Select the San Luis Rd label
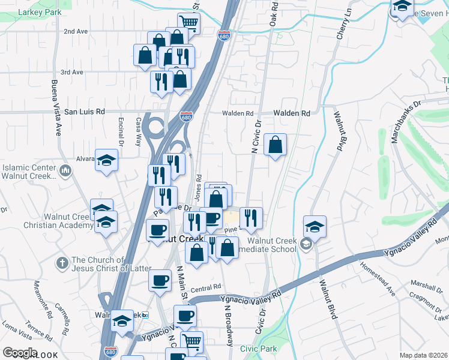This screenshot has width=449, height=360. click(85, 112)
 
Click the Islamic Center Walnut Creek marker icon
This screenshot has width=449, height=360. click(65, 172)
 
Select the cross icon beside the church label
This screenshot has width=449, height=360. click(61, 263)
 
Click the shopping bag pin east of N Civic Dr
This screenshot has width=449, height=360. click(275, 145)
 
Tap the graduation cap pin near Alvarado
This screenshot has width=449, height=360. click(106, 160)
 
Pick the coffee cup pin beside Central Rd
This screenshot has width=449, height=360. click(160, 281)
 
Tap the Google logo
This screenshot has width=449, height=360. click(19, 353)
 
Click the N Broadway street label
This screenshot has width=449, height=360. click(228, 324)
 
